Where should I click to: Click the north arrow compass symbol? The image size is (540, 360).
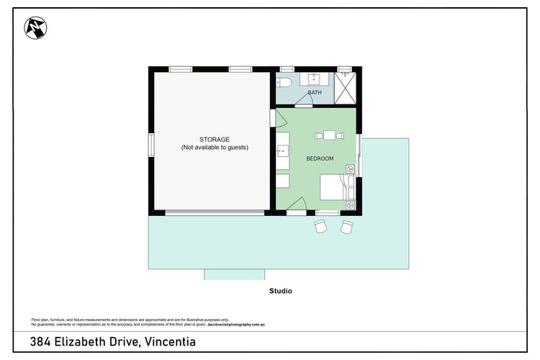35,28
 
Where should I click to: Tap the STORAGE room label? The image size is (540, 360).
215,140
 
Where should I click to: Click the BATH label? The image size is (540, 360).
315,92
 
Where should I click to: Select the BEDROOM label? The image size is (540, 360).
320,158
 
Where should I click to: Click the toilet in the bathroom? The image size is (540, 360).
284,82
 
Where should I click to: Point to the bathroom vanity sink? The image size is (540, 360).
314,79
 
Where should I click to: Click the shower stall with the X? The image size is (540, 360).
345,88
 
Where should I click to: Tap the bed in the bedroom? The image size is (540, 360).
337,187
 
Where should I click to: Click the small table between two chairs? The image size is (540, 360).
329,135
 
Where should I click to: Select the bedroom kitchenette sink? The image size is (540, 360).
283,151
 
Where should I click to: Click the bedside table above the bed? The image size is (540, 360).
350,168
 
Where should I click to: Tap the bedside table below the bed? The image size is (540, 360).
350,205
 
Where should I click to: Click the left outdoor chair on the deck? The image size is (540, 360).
320,227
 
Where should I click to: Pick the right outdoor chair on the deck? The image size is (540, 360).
347,227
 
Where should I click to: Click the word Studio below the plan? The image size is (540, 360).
281,291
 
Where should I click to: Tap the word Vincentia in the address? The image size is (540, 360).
170,342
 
